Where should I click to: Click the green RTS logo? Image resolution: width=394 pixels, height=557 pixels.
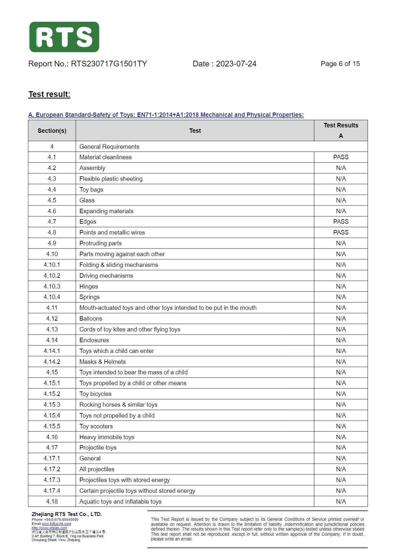[64, 37]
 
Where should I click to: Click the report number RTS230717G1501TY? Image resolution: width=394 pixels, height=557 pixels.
[109, 64]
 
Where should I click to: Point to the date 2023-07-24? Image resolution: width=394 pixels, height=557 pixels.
[236, 64]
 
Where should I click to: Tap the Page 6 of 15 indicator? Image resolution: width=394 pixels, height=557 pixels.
[340, 64]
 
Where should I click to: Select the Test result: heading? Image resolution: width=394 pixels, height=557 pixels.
[49, 94]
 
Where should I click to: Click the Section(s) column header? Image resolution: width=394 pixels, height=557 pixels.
[52, 131]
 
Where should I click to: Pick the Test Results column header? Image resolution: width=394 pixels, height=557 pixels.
[341, 126]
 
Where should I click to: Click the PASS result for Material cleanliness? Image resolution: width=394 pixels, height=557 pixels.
[341, 157]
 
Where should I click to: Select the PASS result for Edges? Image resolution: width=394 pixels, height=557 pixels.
[341, 222]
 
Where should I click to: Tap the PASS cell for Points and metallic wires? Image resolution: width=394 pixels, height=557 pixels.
[341, 233]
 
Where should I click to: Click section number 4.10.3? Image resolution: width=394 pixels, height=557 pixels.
[52, 287]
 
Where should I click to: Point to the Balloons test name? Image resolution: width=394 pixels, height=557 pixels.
[91, 319]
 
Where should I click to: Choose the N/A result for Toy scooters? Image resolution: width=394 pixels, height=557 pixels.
[341, 426]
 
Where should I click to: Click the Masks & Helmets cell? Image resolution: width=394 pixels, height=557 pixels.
[102, 362]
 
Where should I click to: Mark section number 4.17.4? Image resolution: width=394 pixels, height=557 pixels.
[52, 491]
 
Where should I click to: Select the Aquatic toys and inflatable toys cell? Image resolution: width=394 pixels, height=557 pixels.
[120, 502]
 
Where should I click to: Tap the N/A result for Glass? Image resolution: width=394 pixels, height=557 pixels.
[341, 200]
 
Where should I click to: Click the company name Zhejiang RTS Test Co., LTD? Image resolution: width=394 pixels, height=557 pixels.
[67, 514]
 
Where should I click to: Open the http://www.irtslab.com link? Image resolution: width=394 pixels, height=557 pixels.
[49, 528]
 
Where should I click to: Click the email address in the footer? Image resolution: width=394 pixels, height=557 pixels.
[57, 524]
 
